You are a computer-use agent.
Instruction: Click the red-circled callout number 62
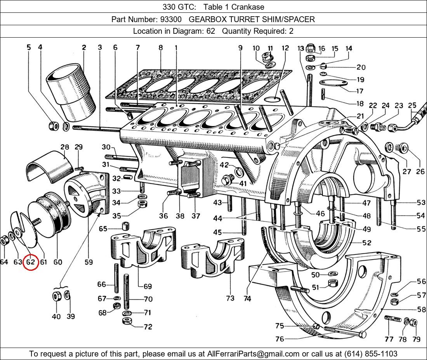pos(31,262)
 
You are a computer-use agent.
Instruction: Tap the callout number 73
pos(230,298)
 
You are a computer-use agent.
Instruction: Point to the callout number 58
pos(421,309)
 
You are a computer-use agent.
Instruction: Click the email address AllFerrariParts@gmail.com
pos(253,354)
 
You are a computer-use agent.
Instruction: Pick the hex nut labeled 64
pos(3,241)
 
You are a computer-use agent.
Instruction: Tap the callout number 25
pos(412,105)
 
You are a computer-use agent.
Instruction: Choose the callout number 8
pos(160,48)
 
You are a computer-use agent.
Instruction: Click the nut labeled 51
pos(333,283)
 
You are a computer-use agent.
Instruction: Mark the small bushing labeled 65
pos(125,226)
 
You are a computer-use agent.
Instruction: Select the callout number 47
pos(366,202)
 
